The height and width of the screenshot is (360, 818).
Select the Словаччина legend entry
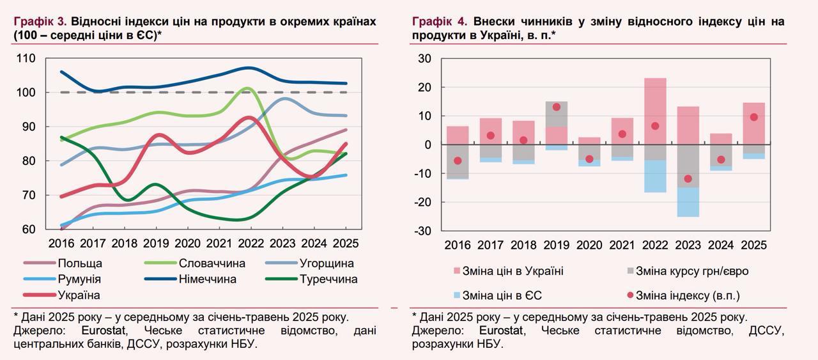(x=212, y=263)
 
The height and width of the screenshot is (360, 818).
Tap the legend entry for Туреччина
(x=328, y=279)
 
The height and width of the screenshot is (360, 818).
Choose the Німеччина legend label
(x=207, y=279)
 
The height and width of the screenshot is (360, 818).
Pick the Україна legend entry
(x=79, y=295)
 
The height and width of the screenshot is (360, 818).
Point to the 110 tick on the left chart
(x=26, y=59)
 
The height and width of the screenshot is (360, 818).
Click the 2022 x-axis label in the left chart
(x=251, y=244)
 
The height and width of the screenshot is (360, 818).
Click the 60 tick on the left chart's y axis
(x=29, y=229)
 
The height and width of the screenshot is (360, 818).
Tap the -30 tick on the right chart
(x=422, y=230)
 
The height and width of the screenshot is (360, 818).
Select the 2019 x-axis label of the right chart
(x=556, y=245)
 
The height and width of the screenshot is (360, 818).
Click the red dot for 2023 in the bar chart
(x=688, y=179)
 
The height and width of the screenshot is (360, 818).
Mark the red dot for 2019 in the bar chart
(x=556, y=107)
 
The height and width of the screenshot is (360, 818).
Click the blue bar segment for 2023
(x=688, y=202)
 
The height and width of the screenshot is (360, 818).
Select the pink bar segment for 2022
(x=655, y=119)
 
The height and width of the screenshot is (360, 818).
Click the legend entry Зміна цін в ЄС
(x=502, y=295)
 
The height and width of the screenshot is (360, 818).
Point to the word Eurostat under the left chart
(x=104, y=331)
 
